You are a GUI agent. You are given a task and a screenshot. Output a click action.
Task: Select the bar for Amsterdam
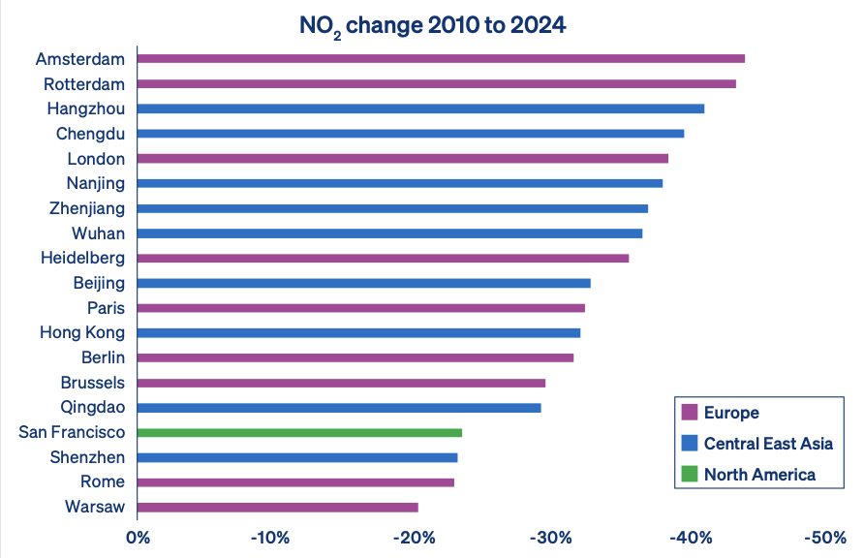pos(441,58)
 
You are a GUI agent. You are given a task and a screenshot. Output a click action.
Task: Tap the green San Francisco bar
pos(299,432)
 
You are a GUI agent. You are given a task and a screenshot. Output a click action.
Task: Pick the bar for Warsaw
pos(278,507)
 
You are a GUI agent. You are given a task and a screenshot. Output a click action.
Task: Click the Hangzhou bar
pos(420,108)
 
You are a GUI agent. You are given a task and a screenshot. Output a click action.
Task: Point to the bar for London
pos(403,158)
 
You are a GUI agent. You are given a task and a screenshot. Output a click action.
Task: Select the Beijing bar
pos(364,283)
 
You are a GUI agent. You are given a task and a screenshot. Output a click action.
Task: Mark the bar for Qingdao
pos(339,407)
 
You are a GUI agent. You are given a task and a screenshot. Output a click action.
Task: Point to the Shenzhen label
pos(87,457)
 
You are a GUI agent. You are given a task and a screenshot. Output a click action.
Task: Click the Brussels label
pos(92,383)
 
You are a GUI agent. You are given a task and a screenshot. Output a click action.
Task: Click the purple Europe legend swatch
pos(690,413)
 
